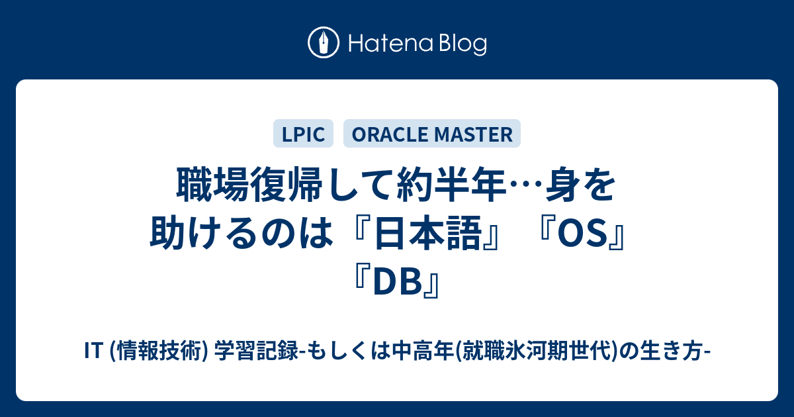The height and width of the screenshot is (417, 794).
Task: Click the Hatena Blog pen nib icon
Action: (324, 42)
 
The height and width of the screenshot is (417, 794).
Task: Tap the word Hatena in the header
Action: (391, 44)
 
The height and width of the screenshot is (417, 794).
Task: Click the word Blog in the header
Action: (463, 45)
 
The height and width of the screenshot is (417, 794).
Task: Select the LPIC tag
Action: (303, 134)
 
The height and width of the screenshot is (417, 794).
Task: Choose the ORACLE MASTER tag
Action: (431, 134)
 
